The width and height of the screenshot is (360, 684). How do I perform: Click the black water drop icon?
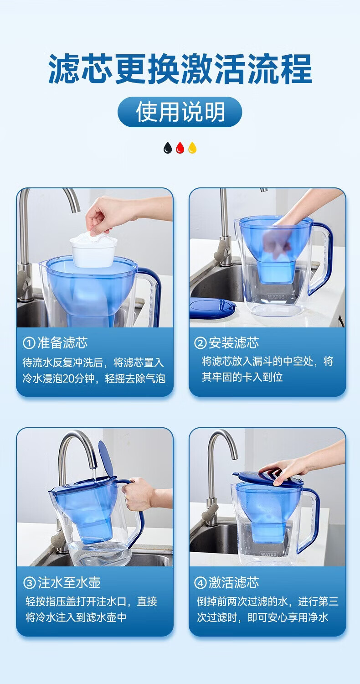pyautogui.click(x=168, y=148)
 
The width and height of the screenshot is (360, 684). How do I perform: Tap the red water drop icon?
pyautogui.click(x=180, y=148)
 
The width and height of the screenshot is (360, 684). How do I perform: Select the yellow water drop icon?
pyautogui.click(x=192, y=148)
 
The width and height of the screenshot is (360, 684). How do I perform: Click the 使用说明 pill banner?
pyautogui.click(x=180, y=112)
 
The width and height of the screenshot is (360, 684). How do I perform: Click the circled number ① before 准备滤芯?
pyautogui.click(x=29, y=343)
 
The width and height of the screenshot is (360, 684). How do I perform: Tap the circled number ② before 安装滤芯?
pyautogui.click(x=200, y=343)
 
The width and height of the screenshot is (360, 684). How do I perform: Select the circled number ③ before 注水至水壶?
pyautogui.click(x=29, y=583)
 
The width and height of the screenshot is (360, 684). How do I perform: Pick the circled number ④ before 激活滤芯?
pyautogui.click(x=200, y=583)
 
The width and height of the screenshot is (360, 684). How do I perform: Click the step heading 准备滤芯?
pyautogui.click(x=62, y=343)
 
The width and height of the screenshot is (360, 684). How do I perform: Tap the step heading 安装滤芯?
pyautogui.click(x=234, y=343)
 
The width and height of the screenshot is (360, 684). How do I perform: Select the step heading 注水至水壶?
pyautogui.click(x=69, y=583)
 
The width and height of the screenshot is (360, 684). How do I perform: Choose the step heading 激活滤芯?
pyautogui.click(x=234, y=583)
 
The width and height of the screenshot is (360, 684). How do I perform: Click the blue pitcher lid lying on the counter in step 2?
pyautogui.click(x=212, y=308)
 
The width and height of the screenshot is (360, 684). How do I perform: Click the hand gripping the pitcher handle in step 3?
pyautogui.click(x=139, y=494)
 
